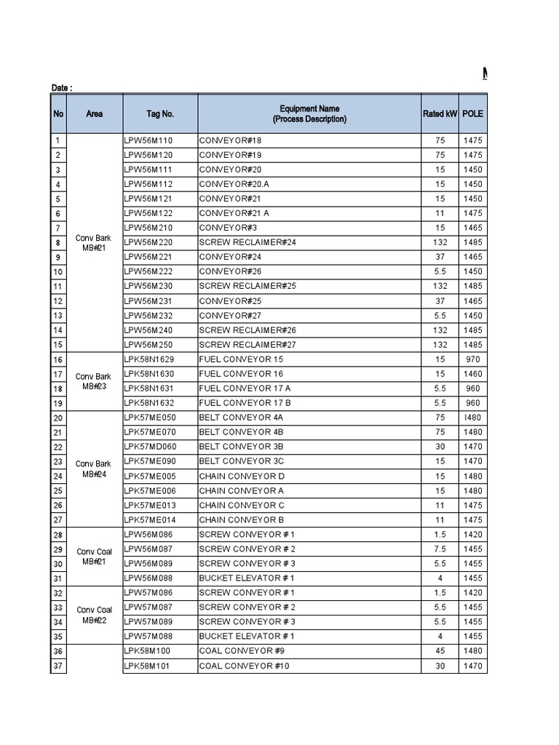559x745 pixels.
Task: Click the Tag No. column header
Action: [160, 113]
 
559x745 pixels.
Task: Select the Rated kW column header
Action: [440, 113]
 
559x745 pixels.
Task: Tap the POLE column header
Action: [472, 113]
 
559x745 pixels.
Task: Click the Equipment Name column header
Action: [309, 113]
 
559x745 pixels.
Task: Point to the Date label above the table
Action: [62, 88]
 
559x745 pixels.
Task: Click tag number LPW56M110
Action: [148, 140]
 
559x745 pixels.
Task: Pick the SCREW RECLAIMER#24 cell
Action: [247, 242]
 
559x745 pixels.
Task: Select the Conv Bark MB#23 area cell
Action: [93, 381]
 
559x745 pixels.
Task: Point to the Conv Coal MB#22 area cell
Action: [94, 615]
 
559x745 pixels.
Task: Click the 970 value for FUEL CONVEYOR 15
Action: [472, 359]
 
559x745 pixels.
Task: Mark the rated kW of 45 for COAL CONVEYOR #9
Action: [440, 651]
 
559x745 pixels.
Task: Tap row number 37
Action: [58, 666]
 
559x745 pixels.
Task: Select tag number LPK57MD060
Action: [150, 447]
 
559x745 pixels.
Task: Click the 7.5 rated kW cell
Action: [440, 549]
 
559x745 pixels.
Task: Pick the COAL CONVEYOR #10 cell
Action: [244, 666]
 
